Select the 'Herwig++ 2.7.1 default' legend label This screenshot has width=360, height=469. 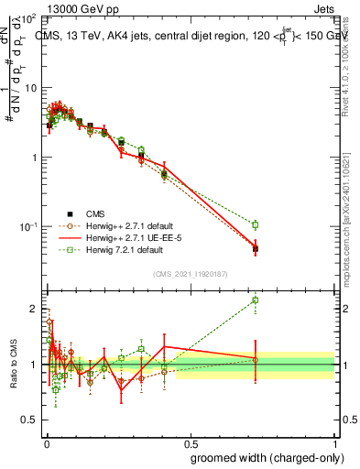click(x=125, y=225)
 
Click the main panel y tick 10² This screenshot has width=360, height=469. click(x=29, y=18)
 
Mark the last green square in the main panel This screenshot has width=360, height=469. click(x=256, y=224)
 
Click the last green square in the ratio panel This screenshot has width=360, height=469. click(x=256, y=300)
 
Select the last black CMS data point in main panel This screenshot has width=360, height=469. click(x=256, y=248)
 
